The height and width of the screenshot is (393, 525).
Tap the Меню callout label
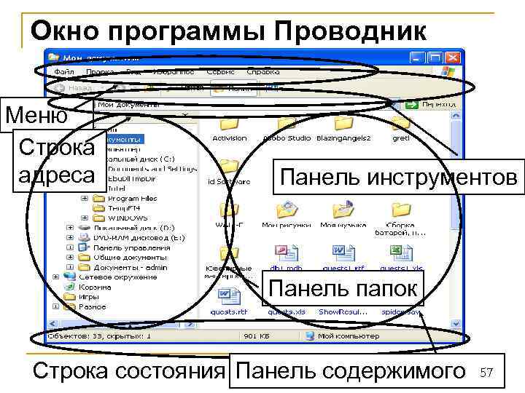click(x=36, y=115)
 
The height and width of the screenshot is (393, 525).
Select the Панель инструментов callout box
click(x=398, y=177)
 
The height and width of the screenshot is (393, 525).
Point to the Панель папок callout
click(x=343, y=288)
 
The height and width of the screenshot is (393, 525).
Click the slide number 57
click(x=487, y=373)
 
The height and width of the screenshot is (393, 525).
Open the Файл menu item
click(x=64, y=72)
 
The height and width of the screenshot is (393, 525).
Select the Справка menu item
click(x=263, y=72)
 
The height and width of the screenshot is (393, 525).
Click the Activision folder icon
click(x=229, y=124)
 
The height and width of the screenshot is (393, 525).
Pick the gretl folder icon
click(x=400, y=124)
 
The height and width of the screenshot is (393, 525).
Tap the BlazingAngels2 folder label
click(x=343, y=138)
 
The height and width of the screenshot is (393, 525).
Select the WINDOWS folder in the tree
click(x=127, y=218)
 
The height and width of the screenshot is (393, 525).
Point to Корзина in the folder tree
click(x=95, y=287)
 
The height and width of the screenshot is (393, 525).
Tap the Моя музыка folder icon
click(x=341, y=211)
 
